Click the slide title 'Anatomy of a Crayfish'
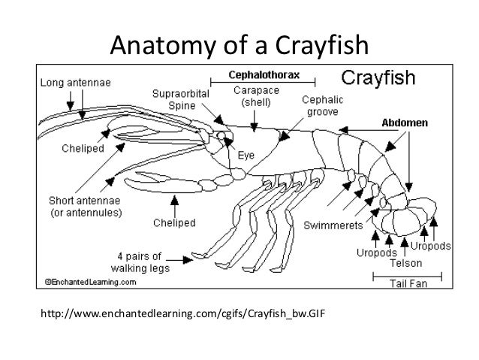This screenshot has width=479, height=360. pyautogui.click(x=239, y=47)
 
